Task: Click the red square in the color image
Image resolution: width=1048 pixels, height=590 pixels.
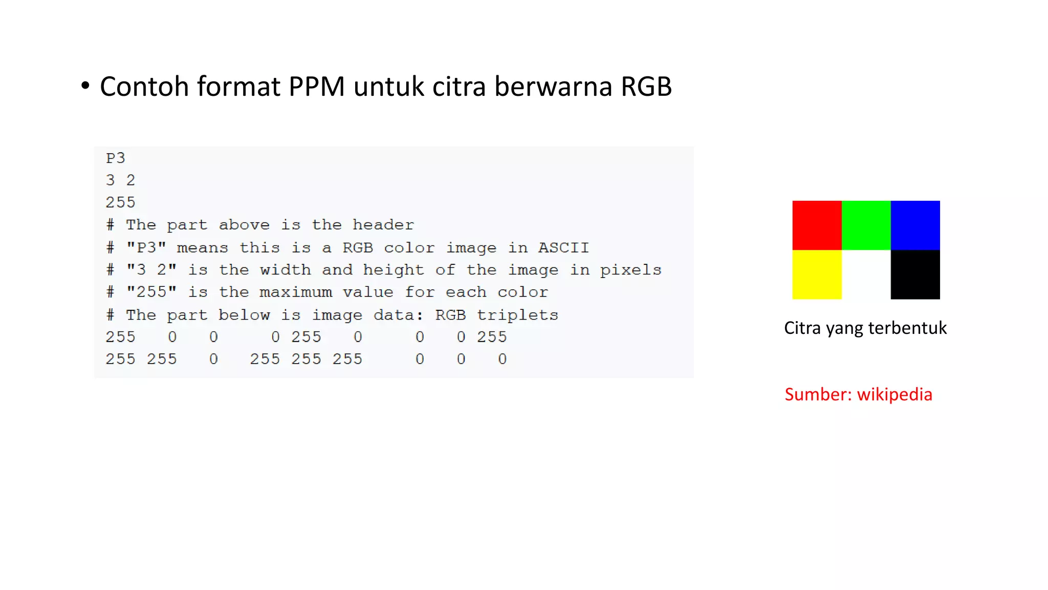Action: point(817,225)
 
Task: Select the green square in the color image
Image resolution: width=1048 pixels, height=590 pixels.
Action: point(866,225)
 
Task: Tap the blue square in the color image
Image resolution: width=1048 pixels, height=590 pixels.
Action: point(915,225)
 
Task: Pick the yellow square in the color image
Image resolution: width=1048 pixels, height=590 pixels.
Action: point(817,275)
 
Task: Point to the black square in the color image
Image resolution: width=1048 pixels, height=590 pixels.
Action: point(915,275)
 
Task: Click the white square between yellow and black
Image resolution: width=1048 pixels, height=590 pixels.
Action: point(866,275)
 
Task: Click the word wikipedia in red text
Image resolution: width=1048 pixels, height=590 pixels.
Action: point(894,394)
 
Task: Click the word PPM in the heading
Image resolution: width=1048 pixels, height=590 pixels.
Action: point(317,86)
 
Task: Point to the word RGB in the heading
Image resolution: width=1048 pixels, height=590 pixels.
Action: point(646,86)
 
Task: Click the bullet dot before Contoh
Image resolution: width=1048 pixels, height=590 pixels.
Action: point(85,86)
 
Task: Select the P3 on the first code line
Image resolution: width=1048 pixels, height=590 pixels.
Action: point(115,158)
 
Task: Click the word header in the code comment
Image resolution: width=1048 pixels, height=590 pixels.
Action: point(383,225)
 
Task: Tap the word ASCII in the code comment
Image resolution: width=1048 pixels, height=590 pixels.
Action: point(563,248)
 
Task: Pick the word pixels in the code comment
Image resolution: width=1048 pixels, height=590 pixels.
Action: point(630,270)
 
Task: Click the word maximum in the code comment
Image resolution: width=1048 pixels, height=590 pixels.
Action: point(296,292)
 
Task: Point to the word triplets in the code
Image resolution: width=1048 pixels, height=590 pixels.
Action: point(517,315)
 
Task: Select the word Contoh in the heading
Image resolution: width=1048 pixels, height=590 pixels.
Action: point(144,86)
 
